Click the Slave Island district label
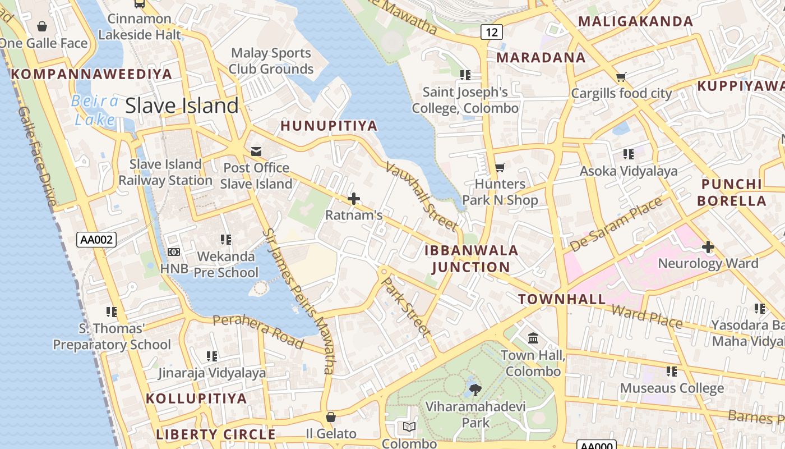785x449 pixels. coord(182,106)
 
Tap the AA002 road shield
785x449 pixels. coord(97,240)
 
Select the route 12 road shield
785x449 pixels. coord(491,33)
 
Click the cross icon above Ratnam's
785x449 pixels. coord(354,199)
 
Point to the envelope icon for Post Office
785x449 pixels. coord(256,151)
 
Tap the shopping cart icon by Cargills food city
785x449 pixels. coord(621,77)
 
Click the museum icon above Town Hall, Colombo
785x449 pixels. coord(533,338)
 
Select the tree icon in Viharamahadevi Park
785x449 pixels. coord(475,388)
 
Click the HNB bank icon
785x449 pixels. coord(174,253)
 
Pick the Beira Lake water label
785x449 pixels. coord(95,111)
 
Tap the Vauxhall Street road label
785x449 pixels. coord(421,196)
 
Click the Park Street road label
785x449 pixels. coord(406,306)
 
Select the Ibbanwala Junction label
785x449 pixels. coord(471,259)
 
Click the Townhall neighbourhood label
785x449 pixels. coord(562,299)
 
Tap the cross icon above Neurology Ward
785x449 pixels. coord(708,246)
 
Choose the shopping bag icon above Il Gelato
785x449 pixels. coord(331,417)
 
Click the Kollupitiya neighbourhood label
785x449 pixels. coord(196,398)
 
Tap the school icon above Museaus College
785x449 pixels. coord(672,371)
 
